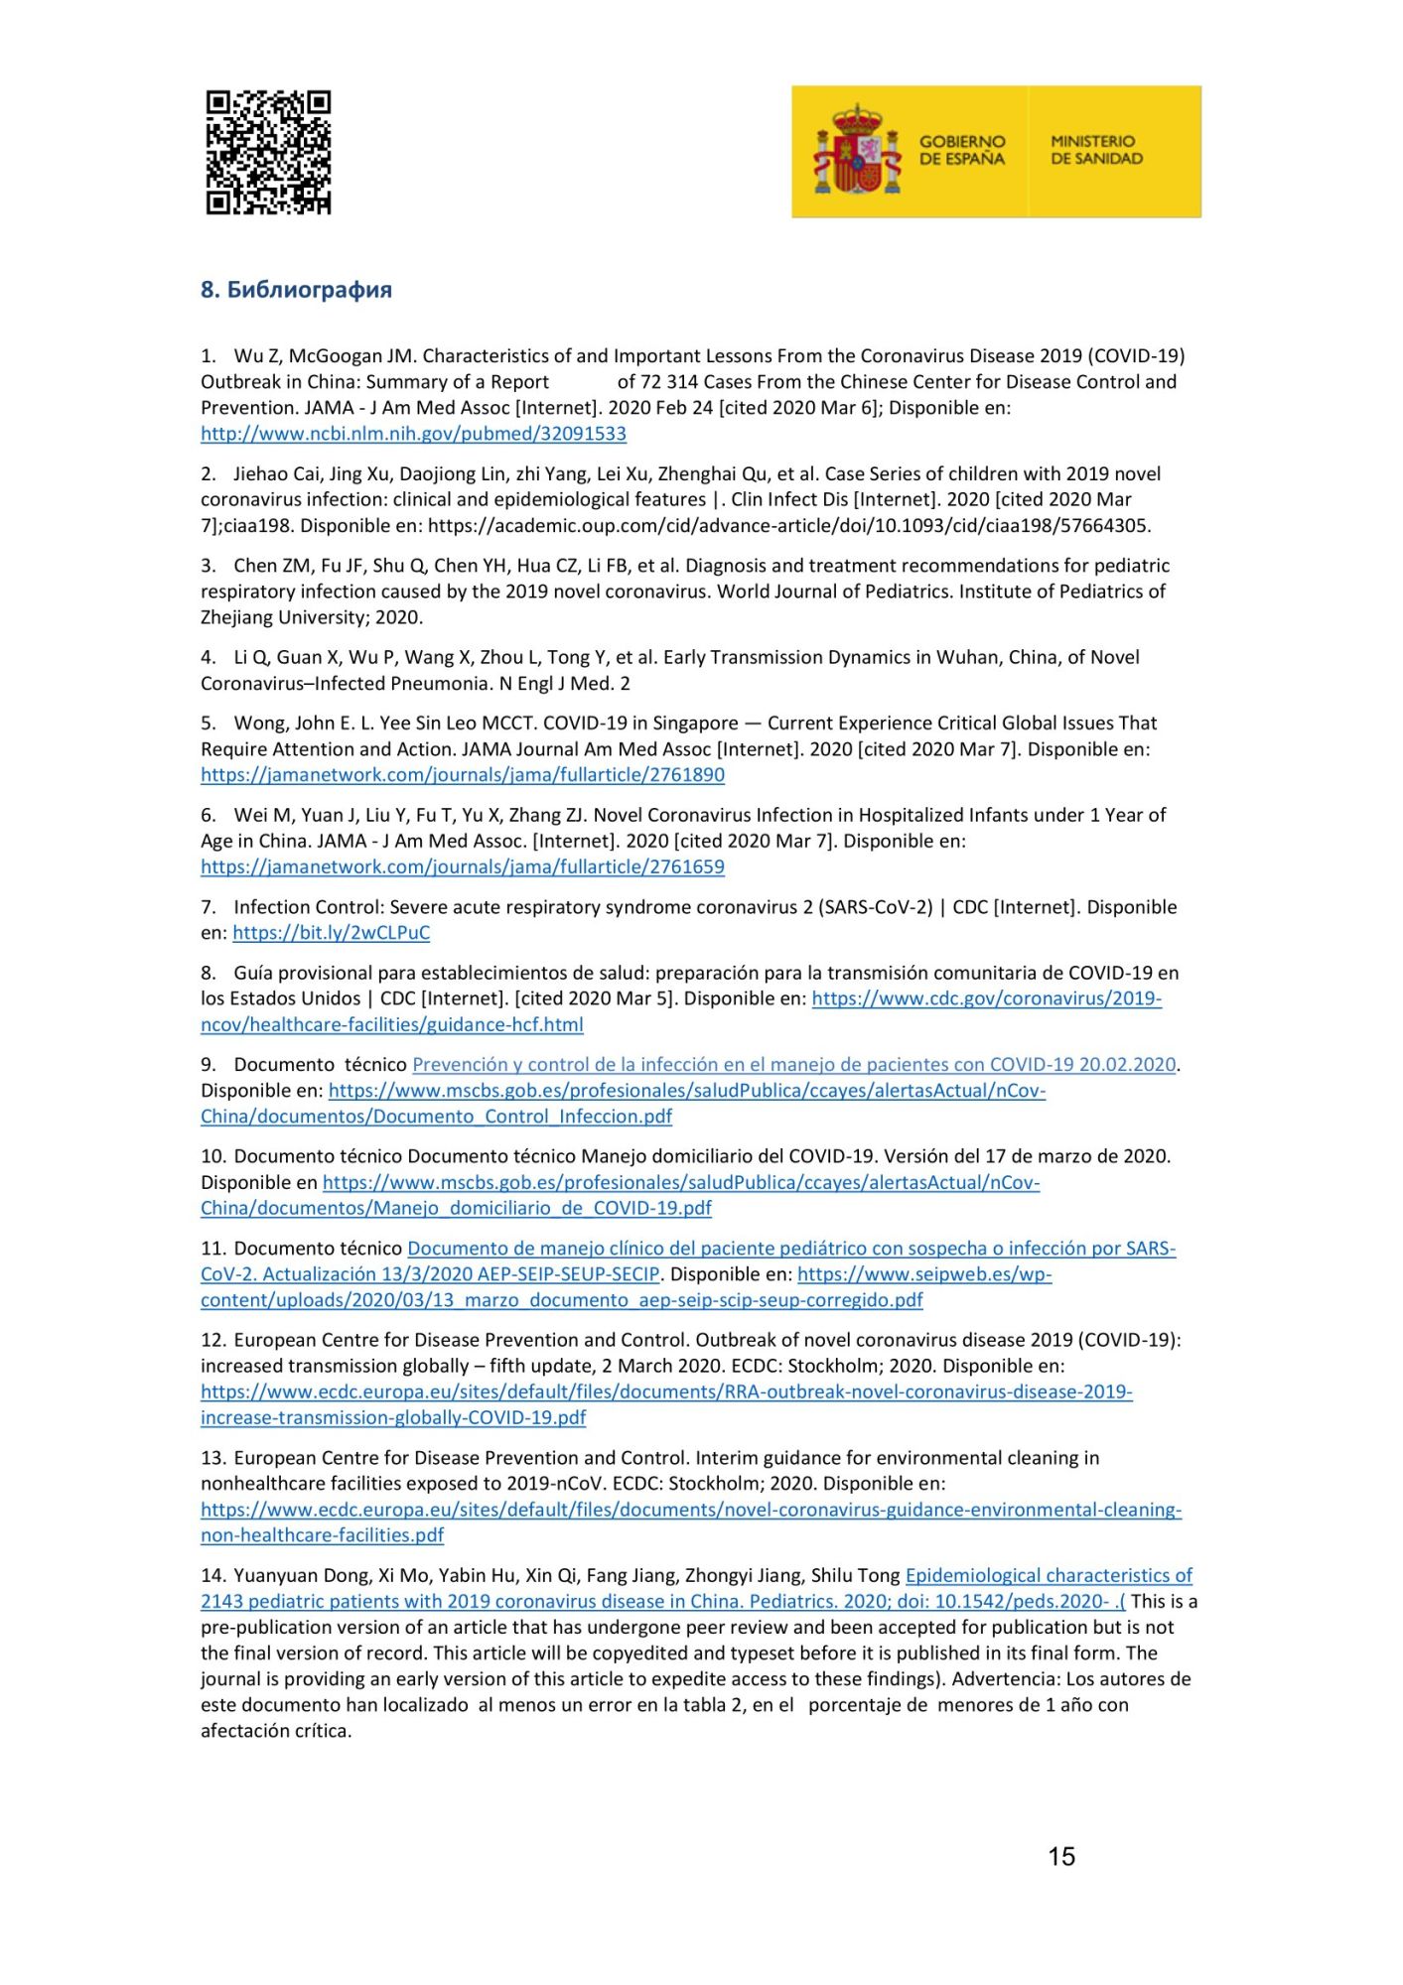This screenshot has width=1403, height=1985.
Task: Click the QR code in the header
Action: (x=268, y=153)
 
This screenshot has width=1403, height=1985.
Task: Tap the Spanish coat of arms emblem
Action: (x=857, y=151)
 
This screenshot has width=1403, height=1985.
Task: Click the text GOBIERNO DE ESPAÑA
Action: (x=961, y=150)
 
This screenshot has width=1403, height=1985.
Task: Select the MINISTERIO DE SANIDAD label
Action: (x=1096, y=150)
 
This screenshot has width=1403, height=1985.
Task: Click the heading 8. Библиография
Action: (x=296, y=290)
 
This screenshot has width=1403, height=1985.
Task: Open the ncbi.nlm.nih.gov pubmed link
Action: (x=413, y=434)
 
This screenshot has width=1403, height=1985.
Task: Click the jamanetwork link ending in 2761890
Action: (x=462, y=775)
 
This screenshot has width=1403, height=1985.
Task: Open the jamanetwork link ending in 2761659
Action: (x=462, y=866)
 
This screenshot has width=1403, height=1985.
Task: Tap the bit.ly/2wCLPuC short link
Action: (x=331, y=933)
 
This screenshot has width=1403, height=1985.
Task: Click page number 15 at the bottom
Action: (x=1060, y=1856)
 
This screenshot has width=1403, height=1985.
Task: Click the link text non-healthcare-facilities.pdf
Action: (x=322, y=1535)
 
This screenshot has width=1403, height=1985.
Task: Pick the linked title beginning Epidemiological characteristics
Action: (x=1049, y=1575)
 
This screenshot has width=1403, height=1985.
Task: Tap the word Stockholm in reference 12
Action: (x=830, y=1366)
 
